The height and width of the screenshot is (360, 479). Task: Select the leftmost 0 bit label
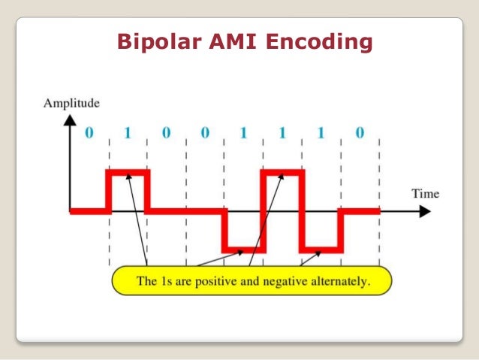pyautogui.click(x=89, y=134)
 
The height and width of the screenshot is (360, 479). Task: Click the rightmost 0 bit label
pyautogui.click(x=360, y=134)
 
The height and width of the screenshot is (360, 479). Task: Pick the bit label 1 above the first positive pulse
pyautogui.click(x=128, y=134)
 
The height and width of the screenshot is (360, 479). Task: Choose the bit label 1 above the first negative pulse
pyautogui.click(x=243, y=134)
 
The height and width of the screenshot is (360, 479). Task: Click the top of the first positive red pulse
pyautogui.click(x=128, y=173)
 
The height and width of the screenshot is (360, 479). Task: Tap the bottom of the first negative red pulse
pyautogui.click(x=244, y=249)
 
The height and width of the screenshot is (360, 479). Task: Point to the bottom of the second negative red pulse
pyautogui.click(x=321, y=249)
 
